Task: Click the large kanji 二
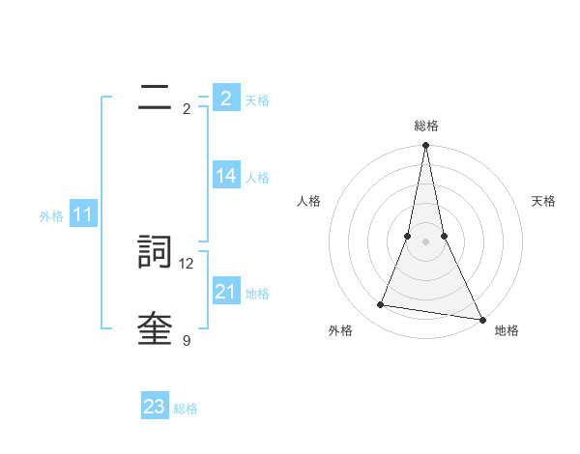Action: (156, 98)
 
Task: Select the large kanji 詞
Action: (156, 251)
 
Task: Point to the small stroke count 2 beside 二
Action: (187, 109)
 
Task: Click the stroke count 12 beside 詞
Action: (188, 263)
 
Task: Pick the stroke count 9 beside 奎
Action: (187, 340)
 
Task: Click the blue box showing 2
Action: (226, 99)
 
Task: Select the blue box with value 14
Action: (226, 176)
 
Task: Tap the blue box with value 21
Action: (226, 292)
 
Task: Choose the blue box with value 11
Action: (83, 215)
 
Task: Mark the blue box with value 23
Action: (155, 407)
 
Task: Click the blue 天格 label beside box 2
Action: (257, 100)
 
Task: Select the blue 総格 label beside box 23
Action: (186, 409)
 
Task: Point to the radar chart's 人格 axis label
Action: (308, 201)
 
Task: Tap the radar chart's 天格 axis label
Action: (543, 201)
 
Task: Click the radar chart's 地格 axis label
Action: (507, 330)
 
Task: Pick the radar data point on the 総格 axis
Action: (425, 146)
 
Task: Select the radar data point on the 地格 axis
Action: (481, 319)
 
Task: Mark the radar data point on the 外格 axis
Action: (381, 305)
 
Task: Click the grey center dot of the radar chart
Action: (425, 241)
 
